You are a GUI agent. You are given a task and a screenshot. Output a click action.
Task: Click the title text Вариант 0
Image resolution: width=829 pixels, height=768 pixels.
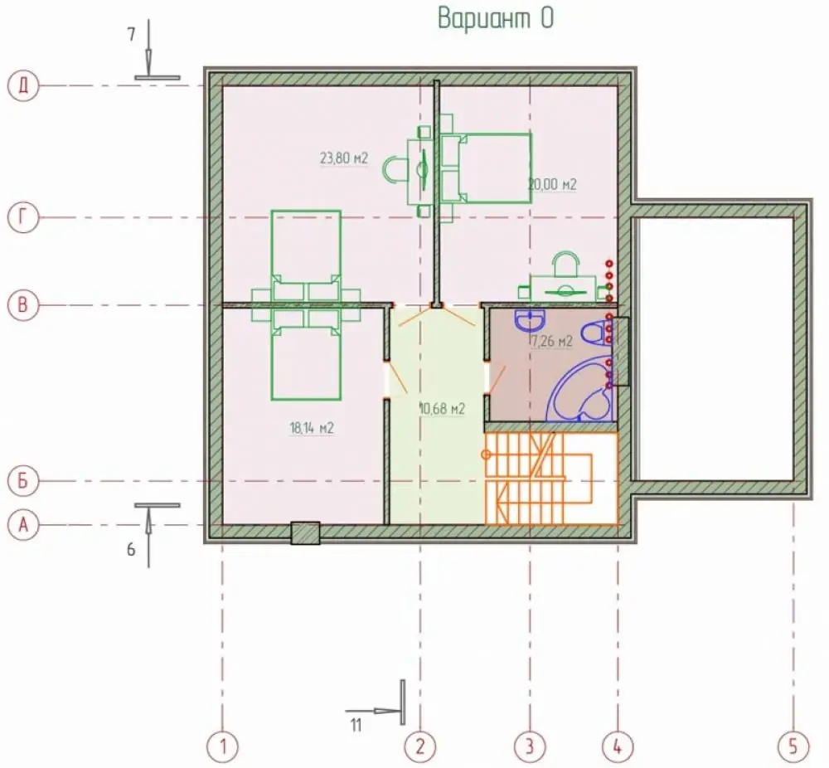click(x=496, y=18)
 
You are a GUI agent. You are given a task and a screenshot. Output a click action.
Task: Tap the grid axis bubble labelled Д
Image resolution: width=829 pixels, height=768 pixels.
click(x=23, y=85)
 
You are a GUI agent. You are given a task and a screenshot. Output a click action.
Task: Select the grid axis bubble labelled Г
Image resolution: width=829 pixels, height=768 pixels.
click(x=23, y=216)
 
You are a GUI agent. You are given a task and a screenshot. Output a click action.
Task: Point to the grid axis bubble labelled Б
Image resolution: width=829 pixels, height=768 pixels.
click(x=23, y=481)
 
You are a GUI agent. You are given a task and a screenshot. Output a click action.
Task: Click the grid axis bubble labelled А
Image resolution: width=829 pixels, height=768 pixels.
click(x=23, y=525)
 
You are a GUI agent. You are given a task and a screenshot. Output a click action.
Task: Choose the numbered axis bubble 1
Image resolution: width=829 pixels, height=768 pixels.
click(x=222, y=746)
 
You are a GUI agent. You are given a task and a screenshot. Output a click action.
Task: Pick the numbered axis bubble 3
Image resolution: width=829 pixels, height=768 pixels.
click(x=530, y=746)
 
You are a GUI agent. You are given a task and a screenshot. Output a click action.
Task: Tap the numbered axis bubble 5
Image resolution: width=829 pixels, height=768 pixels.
click(x=793, y=746)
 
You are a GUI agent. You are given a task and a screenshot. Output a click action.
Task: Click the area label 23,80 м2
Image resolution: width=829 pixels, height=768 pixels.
click(x=344, y=158)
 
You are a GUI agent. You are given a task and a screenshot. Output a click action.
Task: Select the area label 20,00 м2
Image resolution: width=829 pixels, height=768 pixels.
click(x=552, y=185)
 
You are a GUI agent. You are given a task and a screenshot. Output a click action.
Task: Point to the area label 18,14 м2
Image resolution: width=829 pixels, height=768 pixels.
click(x=312, y=428)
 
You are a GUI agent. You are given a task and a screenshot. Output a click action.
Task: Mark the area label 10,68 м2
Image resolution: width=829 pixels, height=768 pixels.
click(x=442, y=409)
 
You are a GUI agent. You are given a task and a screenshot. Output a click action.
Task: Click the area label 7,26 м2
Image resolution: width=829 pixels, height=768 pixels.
click(x=552, y=342)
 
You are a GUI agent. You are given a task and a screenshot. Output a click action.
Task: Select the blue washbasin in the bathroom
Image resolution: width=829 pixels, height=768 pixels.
click(x=530, y=319)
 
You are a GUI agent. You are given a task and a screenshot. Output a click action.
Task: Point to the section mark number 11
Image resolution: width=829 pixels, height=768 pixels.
click(x=356, y=725)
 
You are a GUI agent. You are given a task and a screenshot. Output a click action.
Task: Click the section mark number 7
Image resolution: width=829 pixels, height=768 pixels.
click(x=131, y=35)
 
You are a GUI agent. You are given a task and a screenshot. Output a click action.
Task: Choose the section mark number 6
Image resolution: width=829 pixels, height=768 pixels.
click(x=131, y=550)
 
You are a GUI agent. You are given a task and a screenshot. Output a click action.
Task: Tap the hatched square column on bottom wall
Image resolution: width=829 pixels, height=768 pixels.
click(x=306, y=533)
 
